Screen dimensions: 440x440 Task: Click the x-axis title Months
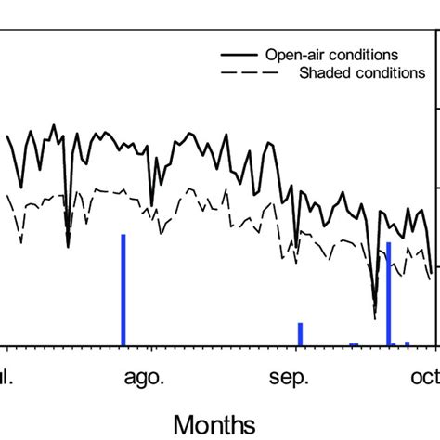click(x=214, y=423)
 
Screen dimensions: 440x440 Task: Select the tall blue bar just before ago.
click(x=123, y=290)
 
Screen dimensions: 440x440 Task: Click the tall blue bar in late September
click(x=388, y=293)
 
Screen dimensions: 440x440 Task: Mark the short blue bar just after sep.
click(x=300, y=333)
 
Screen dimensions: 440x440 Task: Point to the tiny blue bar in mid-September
click(x=354, y=343)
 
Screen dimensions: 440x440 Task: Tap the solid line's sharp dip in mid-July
click(x=68, y=245)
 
